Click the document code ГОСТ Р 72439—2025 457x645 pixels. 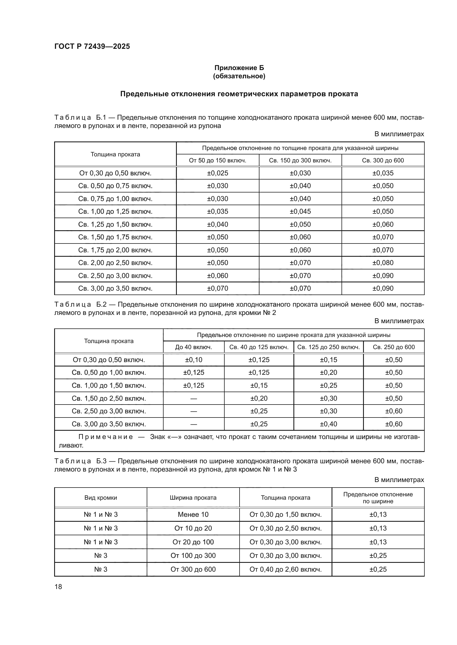(92, 46)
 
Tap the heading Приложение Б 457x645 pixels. (239, 68)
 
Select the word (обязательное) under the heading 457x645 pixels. (239, 76)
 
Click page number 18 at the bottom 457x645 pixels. (58, 587)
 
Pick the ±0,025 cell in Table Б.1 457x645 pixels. (217, 173)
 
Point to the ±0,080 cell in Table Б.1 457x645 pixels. (383, 263)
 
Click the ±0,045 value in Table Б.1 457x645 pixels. (300, 211)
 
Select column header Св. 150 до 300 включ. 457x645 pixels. (300, 160)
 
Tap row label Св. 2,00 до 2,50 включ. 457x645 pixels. (115, 263)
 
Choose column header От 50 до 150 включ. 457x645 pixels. (217, 160)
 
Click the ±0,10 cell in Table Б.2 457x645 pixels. (194, 360)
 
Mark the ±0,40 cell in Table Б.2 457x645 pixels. (329, 424)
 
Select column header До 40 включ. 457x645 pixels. (194, 347)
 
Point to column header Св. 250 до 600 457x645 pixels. (394, 347)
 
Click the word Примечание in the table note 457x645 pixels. (106, 437)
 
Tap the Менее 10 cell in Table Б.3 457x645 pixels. (193, 514)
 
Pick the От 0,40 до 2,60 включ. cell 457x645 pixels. (285, 569)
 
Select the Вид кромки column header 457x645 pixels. (101, 497)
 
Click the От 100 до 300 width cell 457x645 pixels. (193, 555)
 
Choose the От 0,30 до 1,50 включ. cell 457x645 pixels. (285, 514)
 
